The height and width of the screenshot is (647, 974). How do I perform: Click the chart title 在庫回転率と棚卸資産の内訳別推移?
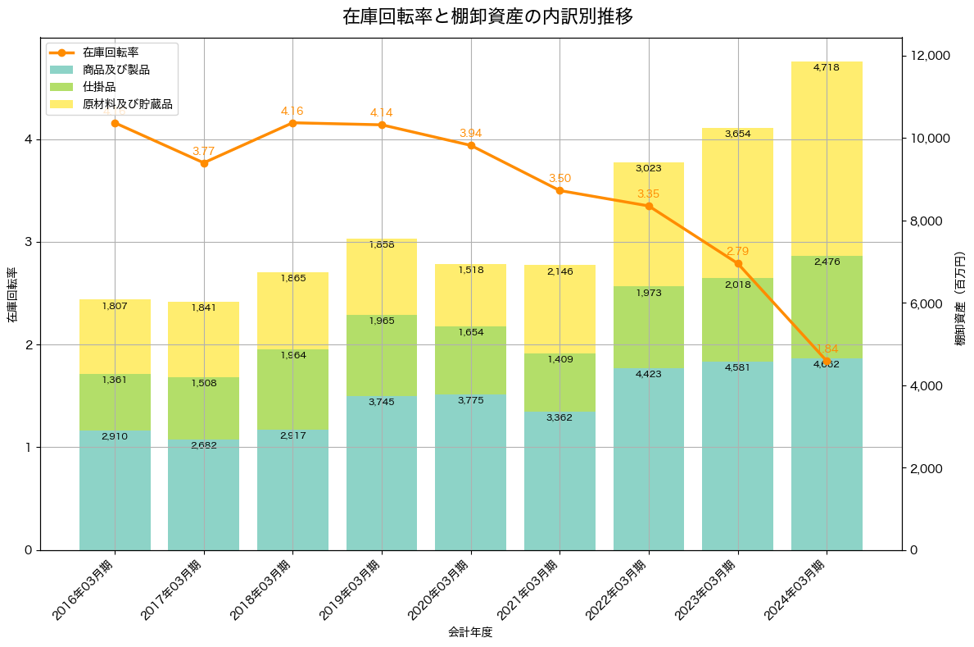[x=487, y=16]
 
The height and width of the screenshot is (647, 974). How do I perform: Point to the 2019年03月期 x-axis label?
[x=355, y=590]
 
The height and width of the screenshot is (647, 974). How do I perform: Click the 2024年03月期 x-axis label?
[x=800, y=590]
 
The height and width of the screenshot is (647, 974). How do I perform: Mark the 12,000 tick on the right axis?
[x=933, y=56]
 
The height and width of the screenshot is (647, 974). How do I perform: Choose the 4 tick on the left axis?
[x=29, y=139]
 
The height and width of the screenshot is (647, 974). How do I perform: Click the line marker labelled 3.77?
[x=204, y=163]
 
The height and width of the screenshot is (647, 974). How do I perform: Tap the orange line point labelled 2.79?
[x=738, y=263]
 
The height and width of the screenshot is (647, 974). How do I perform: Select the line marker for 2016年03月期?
[x=115, y=123]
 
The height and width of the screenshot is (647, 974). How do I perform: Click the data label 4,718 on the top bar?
[x=827, y=67]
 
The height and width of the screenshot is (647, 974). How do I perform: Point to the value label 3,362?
[x=559, y=417]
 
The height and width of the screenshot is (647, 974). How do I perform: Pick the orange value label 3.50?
[x=560, y=178]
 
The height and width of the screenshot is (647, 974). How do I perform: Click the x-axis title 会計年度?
[x=470, y=632]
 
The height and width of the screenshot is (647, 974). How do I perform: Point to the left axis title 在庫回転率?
[x=11, y=295]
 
